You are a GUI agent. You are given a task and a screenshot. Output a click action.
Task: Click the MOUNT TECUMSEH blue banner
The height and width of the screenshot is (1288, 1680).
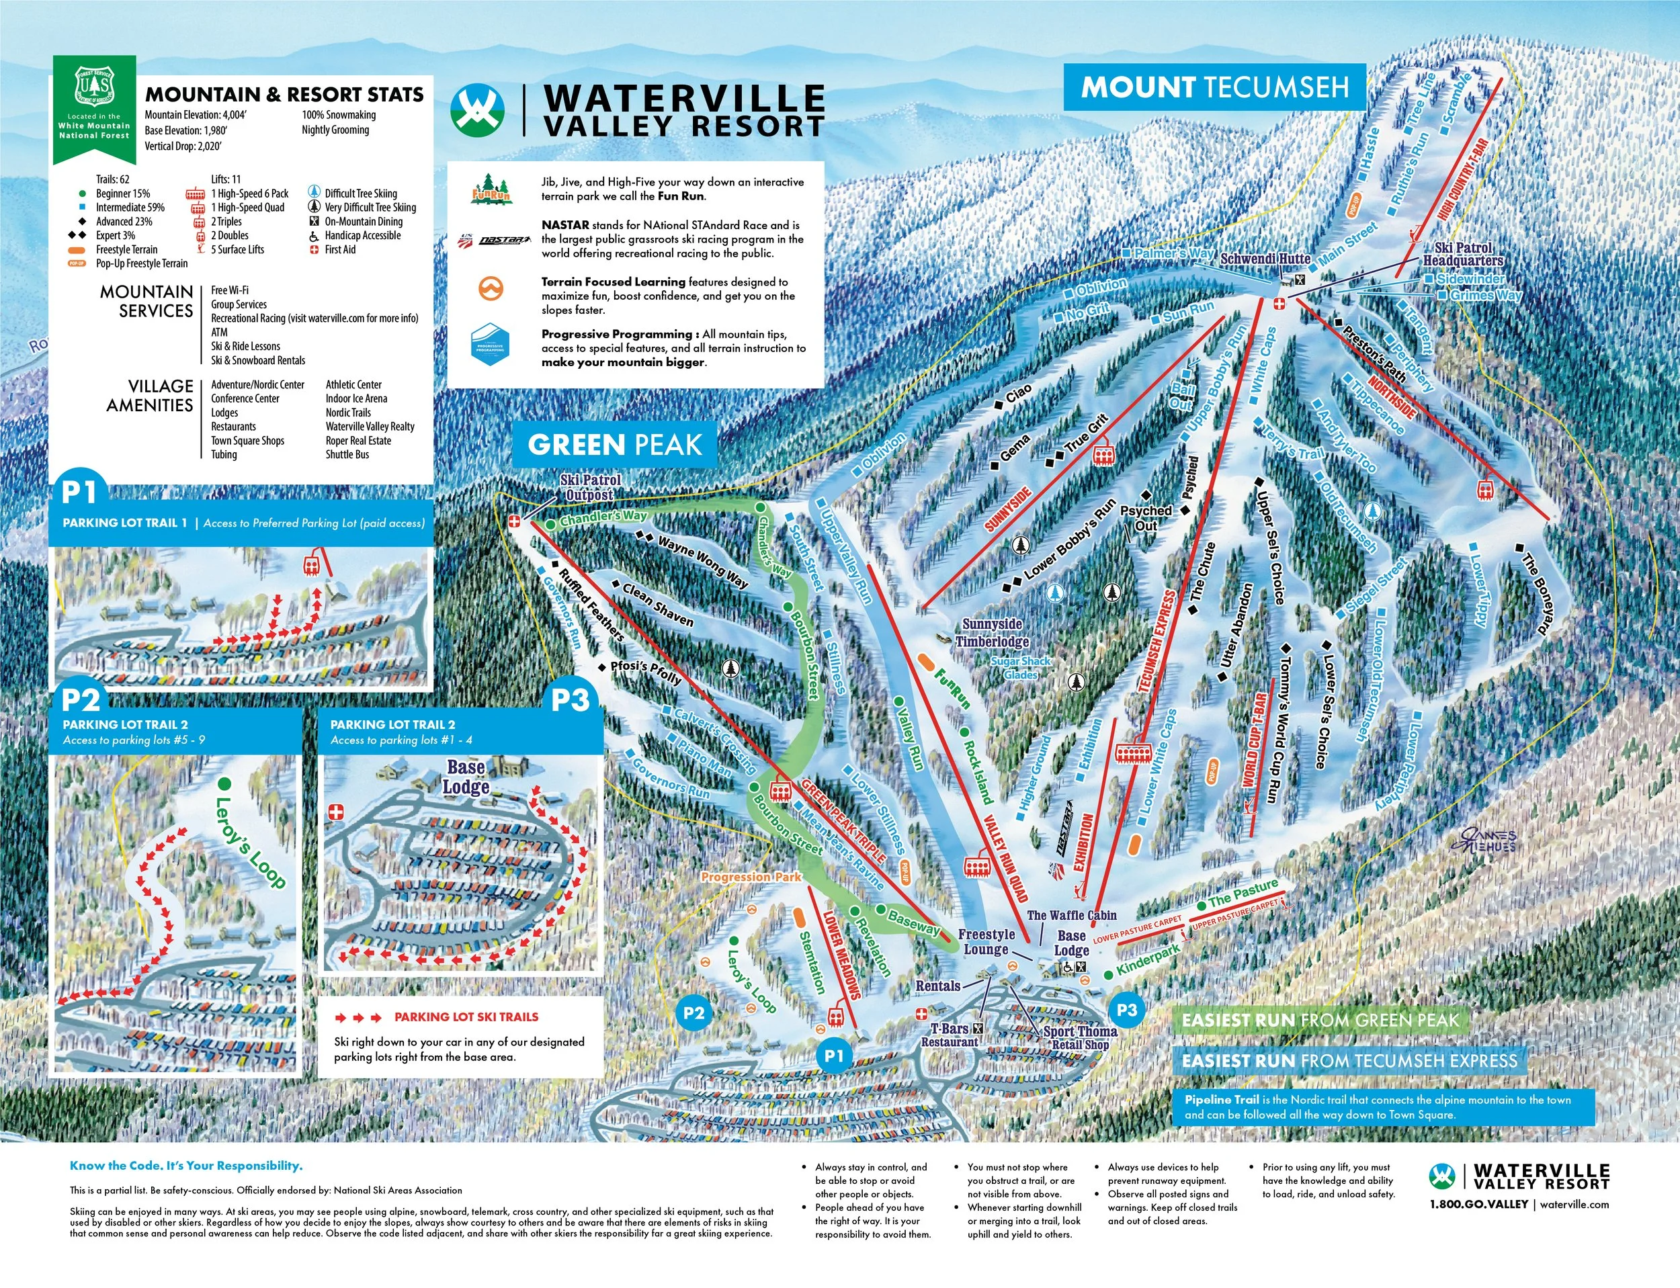1214,87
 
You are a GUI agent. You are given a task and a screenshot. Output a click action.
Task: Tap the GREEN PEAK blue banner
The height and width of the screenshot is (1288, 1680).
614,445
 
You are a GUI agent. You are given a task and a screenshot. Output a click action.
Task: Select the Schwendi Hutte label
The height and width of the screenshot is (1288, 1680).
1265,259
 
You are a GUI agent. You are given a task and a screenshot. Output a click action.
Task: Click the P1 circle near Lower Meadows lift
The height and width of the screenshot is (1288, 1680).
833,1056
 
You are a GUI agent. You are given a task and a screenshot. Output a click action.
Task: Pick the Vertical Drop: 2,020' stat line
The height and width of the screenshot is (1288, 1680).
183,146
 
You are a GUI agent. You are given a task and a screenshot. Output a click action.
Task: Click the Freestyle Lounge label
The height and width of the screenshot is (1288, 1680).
986,941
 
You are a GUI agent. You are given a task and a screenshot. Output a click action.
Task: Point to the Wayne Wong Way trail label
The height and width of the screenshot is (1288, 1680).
702,562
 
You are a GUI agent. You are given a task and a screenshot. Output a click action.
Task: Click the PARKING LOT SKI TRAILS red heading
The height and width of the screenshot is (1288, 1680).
466,1017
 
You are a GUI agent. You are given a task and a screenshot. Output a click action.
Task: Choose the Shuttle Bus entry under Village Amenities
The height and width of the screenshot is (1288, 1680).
347,455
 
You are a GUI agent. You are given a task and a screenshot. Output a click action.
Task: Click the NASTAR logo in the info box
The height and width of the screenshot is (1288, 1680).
504,240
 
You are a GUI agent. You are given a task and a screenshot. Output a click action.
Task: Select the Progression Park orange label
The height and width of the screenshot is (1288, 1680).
751,876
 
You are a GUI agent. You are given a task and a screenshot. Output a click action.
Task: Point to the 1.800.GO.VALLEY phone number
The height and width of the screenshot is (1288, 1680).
1478,1205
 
